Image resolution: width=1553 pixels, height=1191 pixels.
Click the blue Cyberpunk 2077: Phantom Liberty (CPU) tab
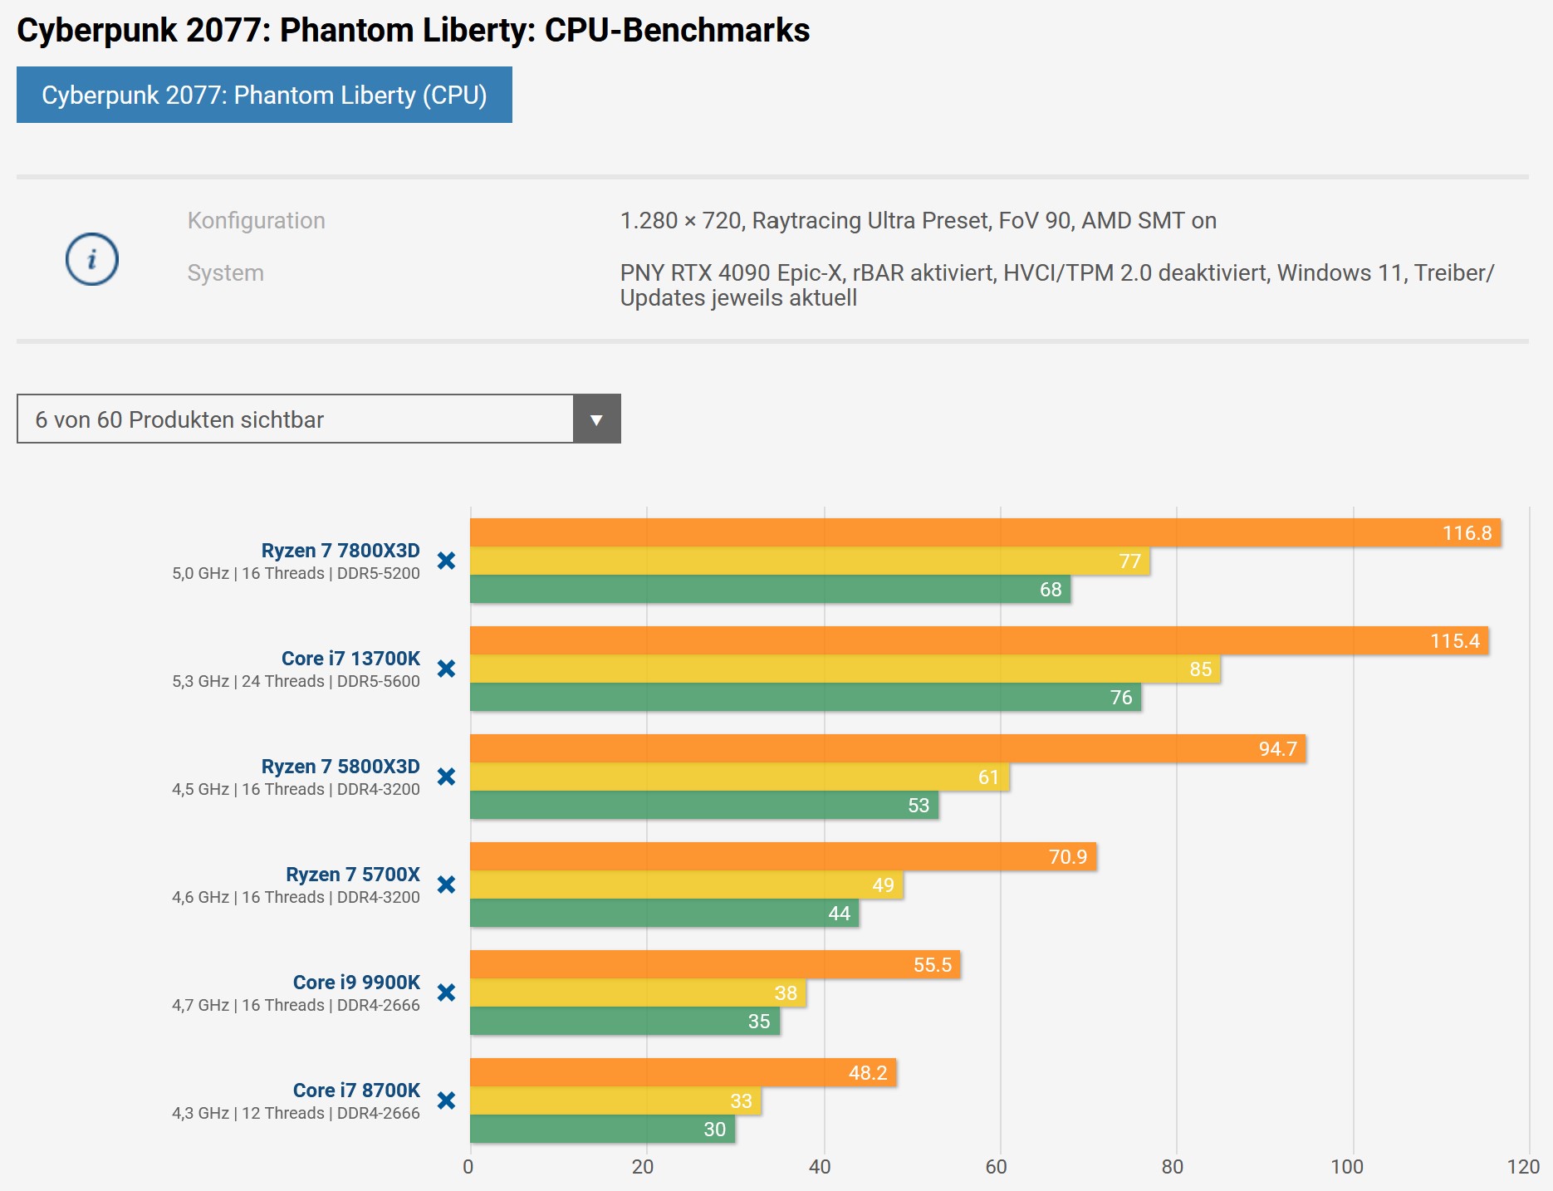(264, 96)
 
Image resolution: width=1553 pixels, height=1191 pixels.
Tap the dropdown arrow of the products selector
(596, 419)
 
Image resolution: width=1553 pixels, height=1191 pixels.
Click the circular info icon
(92, 259)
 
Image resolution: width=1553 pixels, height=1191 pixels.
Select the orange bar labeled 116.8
(984, 532)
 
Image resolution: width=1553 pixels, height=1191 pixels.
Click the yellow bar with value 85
(845, 669)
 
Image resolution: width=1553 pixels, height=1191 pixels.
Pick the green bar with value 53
(704, 805)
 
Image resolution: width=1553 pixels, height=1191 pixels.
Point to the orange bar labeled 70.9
(782, 856)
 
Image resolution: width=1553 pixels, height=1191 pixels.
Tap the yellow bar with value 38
(638, 992)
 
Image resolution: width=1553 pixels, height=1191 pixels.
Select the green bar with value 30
(602, 1129)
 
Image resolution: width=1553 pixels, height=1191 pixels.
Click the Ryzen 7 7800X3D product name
(340, 551)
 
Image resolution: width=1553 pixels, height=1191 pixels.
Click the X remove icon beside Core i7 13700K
(446, 669)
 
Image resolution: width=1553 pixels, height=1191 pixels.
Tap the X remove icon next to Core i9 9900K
(446, 992)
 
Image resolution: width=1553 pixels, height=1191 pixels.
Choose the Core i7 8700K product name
(356, 1091)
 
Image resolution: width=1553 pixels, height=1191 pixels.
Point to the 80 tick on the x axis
(1172, 1167)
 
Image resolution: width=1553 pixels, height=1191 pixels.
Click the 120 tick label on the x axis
(1523, 1167)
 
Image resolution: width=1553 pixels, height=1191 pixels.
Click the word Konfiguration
(256, 221)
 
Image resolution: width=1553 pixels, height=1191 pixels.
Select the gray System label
(225, 273)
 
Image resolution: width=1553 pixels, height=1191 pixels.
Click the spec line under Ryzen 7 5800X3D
(296, 789)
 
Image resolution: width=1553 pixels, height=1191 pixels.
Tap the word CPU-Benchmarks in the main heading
(677, 30)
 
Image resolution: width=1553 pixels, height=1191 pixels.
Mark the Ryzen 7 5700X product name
(352, 875)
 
